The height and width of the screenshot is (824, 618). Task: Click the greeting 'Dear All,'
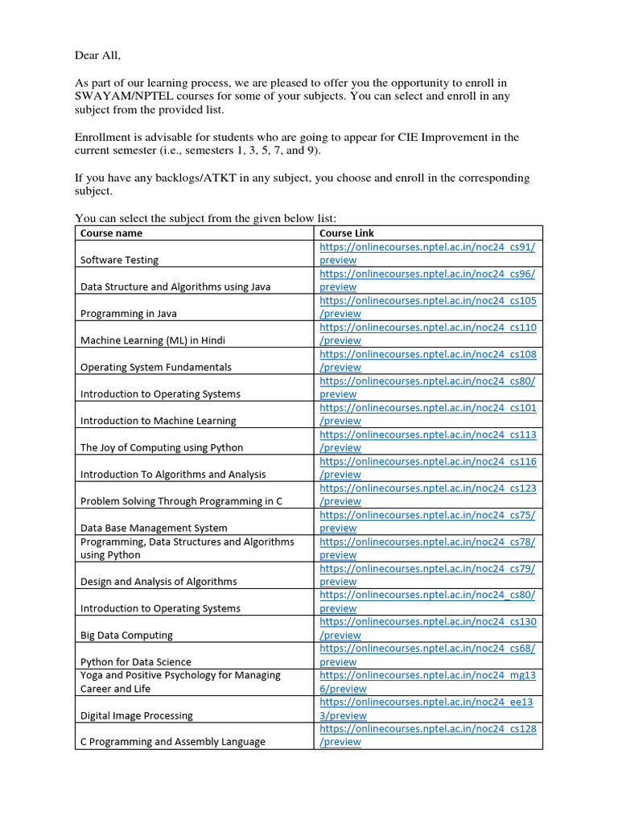(x=97, y=56)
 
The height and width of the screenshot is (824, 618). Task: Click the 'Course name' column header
(x=111, y=233)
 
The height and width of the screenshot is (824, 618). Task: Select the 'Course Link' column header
(x=347, y=233)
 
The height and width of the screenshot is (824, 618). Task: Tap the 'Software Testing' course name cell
(x=119, y=260)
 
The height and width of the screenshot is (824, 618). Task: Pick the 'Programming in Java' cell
(x=129, y=314)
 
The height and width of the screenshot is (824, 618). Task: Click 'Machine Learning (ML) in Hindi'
(x=153, y=340)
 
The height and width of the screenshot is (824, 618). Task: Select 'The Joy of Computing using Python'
(x=162, y=447)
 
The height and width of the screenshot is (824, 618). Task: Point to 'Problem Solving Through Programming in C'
(x=181, y=501)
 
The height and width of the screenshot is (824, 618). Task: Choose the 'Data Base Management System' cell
(x=154, y=528)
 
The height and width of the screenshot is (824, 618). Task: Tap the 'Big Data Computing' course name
(x=126, y=635)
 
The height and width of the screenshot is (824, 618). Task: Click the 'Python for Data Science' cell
(x=136, y=662)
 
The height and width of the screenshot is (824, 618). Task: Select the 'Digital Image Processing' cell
(x=137, y=715)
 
